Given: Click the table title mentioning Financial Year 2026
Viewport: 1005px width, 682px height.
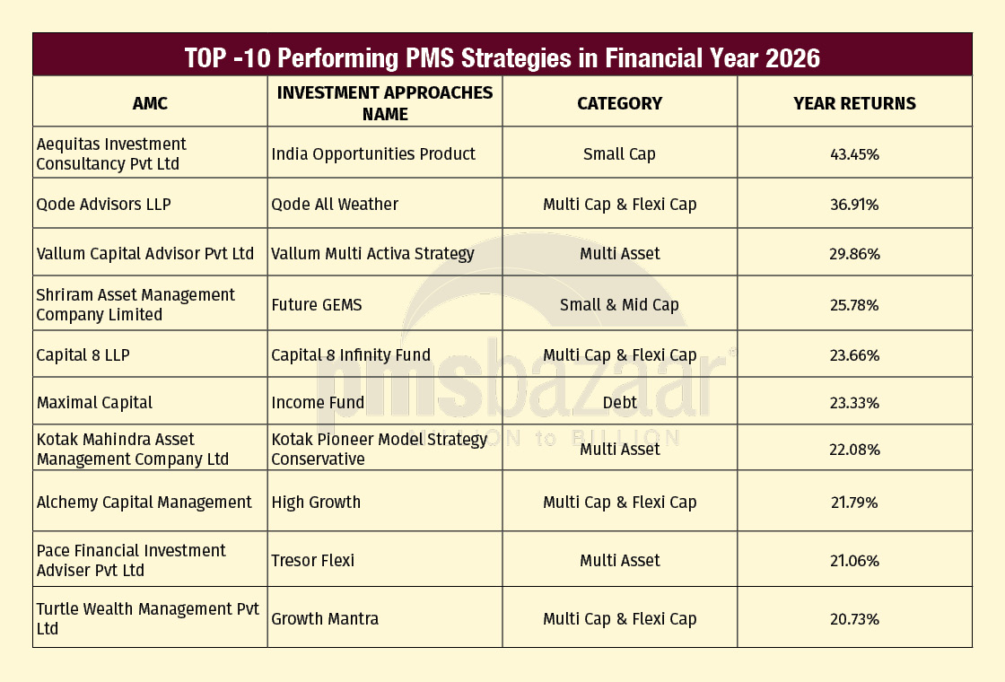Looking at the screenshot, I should (x=502, y=57).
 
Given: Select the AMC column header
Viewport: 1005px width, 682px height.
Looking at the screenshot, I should (x=150, y=103).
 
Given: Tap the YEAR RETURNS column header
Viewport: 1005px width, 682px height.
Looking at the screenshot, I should (x=854, y=103).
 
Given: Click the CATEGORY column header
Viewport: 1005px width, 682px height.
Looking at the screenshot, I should (x=619, y=103).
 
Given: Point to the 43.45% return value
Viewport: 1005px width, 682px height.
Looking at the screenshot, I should (x=854, y=154).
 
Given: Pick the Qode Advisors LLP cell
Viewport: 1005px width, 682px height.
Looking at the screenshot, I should (x=104, y=205).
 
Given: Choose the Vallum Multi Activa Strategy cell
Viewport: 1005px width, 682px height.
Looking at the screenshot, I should (x=372, y=254).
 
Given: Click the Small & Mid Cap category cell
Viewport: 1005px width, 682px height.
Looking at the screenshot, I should (x=619, y=305).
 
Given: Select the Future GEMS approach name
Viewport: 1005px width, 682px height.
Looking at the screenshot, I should (x=317, y=305).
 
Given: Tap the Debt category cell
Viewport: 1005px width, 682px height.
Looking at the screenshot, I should (x=619, y=402).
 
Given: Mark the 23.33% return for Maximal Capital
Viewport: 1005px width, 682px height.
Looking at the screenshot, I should (x=854, y=403).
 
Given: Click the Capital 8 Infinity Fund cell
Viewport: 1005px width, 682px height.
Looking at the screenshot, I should (x=351, y=355).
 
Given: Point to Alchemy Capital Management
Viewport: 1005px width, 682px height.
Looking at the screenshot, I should (x=144, y=503).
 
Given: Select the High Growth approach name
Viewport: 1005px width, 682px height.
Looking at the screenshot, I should (x=316, y=503).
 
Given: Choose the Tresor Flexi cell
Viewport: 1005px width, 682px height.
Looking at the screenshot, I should (x=313, y=561).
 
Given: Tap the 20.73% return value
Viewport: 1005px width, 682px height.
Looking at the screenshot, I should (x=854, y=619).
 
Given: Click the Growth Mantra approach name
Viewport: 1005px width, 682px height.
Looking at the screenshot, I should (x=325, y=619).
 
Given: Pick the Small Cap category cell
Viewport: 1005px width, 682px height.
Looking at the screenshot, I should (x=619, y=154).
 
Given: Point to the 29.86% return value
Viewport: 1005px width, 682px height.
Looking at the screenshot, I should (x=854, y=254).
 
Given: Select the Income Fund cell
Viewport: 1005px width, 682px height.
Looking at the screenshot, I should (x=318, y=402).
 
